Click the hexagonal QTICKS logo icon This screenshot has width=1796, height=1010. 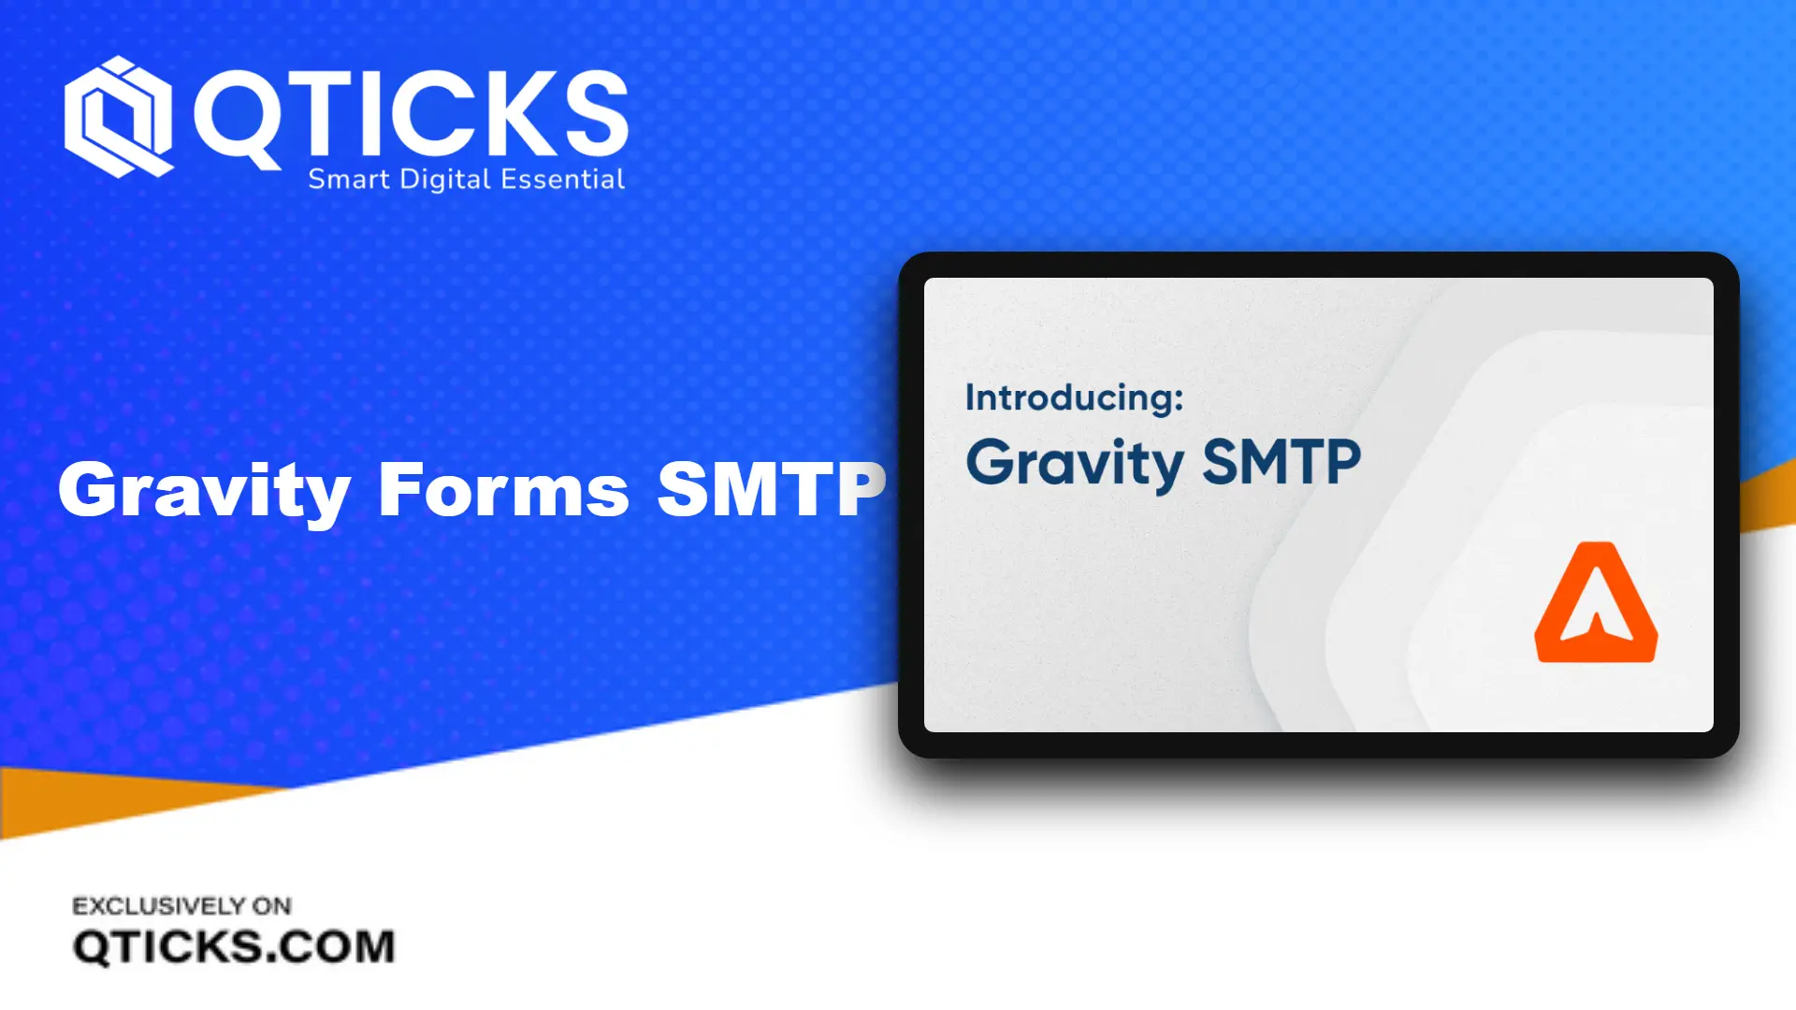click(118, 117)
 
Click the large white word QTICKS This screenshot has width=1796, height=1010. click(411, 114)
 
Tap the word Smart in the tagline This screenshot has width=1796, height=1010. click(348, 179)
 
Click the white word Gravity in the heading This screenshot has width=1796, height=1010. click(205, 490)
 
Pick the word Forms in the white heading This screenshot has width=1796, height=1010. click(503, 489)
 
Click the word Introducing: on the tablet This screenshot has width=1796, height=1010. click(1074, 397)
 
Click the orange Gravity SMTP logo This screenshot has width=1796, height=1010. click(1596, 602)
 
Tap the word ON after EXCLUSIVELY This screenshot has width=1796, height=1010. click(272, 905)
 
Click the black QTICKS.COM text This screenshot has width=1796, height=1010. click(234, 946)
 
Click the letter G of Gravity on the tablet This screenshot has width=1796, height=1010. click(991, 461)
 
